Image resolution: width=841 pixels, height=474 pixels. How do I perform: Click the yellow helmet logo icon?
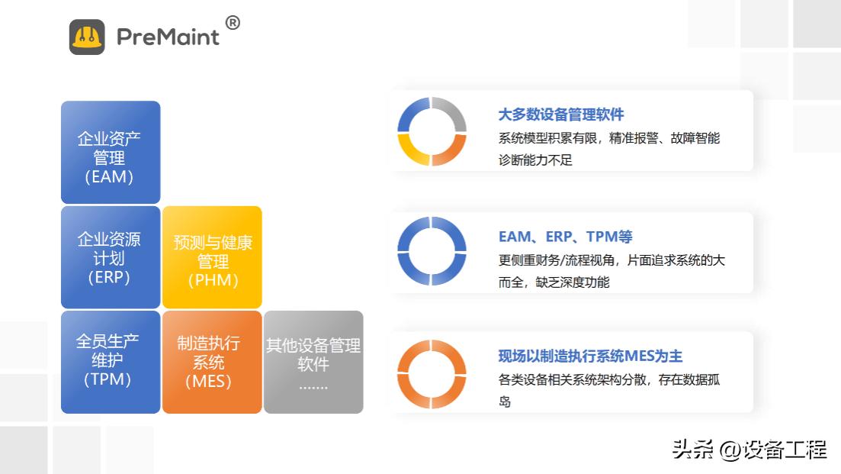87,37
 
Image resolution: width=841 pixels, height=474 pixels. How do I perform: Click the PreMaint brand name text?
168,37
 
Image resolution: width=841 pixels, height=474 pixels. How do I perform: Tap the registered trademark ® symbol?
233,23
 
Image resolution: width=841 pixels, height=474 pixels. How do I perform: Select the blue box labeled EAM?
111,153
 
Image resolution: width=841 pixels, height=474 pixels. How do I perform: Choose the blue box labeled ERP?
111,257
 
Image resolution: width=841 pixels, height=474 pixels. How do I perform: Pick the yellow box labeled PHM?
213,257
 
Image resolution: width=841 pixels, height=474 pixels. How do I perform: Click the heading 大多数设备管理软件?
561,114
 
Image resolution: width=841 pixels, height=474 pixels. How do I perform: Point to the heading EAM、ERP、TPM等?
566,237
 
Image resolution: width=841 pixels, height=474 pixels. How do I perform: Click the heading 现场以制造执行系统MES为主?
590,356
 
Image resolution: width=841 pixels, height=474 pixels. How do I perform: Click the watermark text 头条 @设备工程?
749,450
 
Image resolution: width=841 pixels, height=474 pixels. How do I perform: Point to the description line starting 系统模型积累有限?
608,138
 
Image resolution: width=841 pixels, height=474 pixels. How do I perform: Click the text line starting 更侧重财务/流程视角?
611,260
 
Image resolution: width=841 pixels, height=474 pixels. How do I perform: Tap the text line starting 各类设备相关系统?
608,379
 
